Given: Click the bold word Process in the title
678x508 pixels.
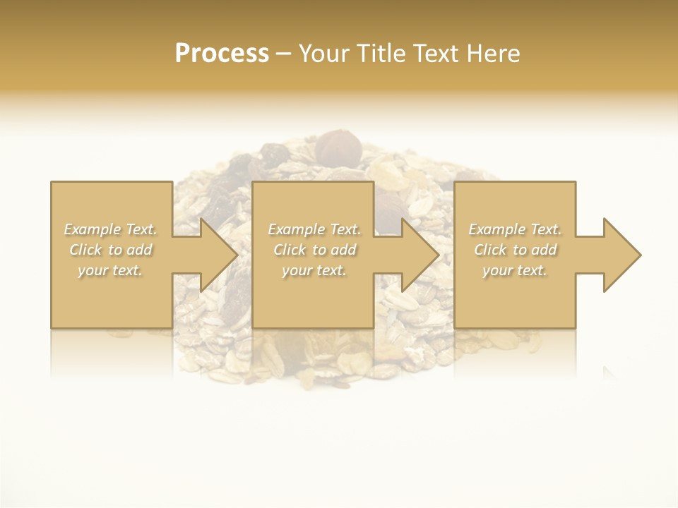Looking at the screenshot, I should (x=222, y=54).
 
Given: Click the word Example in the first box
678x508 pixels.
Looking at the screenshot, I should (x=92, y=229).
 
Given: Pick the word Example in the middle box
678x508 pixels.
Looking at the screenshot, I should (x=295, y=229).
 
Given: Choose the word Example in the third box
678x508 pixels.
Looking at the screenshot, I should (x=496, y=229).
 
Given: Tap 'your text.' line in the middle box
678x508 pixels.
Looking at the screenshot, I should (x=314, y=270).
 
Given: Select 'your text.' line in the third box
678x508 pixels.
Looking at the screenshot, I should (x=515, y=270).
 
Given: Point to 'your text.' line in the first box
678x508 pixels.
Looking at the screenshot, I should (x=110, y=270).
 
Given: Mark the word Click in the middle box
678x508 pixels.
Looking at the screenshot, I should (x=290, y=250).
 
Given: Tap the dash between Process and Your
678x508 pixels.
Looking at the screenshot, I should (x=284, y=54).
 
